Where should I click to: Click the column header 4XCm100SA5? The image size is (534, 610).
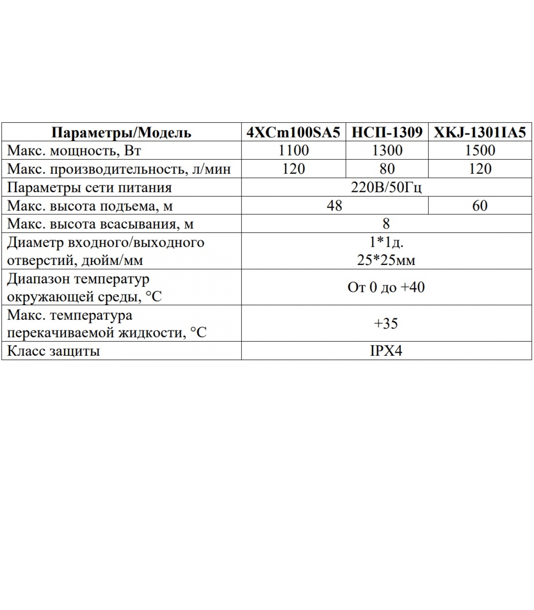pyautogui.click(x=293, y=132)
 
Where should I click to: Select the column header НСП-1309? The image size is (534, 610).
pyautogui.click(x=387, y=132)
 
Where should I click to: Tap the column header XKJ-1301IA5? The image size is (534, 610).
pyautogui.click(x=480, y=132)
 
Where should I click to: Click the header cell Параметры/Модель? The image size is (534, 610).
pyautogui.click(x=121, y=132)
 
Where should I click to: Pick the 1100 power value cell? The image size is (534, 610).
pyautogui.click(x=293, y=151)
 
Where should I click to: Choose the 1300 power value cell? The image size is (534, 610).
pyautogui.click(x=387, y=151)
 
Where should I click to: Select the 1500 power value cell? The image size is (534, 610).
pyautogui.click(x=480, y=151)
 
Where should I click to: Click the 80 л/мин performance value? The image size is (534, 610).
pyautogui.click(x=387, y=169)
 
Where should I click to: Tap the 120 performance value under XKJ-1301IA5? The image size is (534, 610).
pyautogui.click(x=480, y=169)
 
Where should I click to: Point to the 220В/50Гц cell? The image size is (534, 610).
pyautogui.click(x=386, y=188)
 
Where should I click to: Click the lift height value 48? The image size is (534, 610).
pyautogui.click(x=335, y=206)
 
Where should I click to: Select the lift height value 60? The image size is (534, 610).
pyautogui.click(x=480, y=206)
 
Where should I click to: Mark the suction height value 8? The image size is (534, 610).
pyautogui.click(x=386, y=224)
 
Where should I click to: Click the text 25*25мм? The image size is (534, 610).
pyautogui.click(x=386, y=260)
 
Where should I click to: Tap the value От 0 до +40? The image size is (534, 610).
pyautogui.click(x=386, y=287)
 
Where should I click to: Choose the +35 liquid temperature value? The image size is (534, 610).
pyautogui.click(x=386, y=324)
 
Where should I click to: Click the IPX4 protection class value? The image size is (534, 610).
pyautogui.click(x=386, y=351)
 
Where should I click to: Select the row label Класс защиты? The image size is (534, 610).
pyautogui.click(x=53, y=351)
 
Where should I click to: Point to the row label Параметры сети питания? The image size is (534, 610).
pyautogui.click(x=89, y=188)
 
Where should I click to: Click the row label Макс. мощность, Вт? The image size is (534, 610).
pyautogui.click(x=74, y=151)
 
